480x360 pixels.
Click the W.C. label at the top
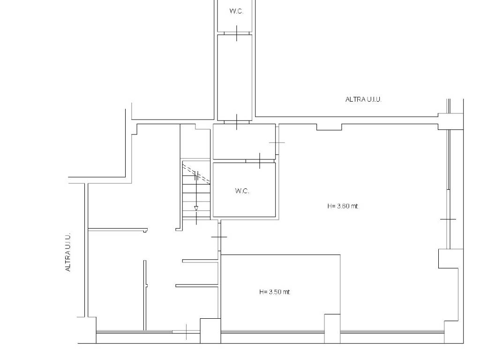236,11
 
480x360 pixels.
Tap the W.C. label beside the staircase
242,191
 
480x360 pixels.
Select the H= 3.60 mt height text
343,206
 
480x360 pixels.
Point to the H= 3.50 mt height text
275,292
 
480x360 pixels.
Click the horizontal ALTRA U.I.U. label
363,99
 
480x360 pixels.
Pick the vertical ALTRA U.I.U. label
68,252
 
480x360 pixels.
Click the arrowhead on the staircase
196,209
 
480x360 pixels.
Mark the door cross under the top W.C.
237,33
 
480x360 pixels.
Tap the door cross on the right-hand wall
448,219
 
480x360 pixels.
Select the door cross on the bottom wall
187,332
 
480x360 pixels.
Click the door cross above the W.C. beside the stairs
260,161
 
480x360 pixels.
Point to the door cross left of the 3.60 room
219,237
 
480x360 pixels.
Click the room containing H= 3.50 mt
280,292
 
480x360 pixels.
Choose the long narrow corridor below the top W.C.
235,77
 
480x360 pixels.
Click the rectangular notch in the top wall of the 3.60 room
329,127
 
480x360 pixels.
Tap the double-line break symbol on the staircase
197,175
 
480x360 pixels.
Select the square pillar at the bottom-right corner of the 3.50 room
332,329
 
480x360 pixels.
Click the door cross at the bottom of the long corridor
237,122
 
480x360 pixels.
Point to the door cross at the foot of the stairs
196,218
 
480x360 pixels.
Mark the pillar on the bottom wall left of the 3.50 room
210,330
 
